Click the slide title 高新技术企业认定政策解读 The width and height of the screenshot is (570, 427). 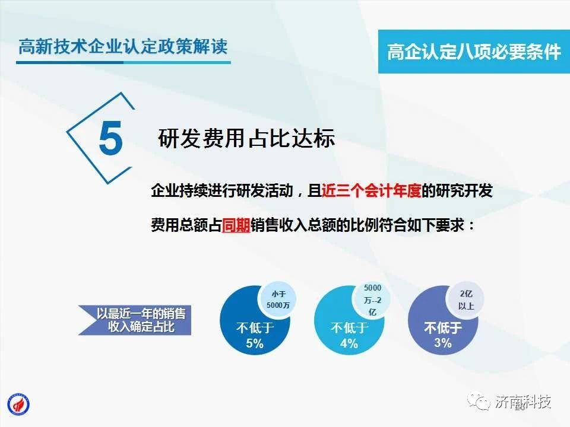pos(123,46)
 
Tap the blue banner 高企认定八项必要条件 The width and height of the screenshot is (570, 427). pos(474,52)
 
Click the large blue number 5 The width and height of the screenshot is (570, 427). pos(110,138)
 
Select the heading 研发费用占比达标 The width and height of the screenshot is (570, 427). pos(246,138)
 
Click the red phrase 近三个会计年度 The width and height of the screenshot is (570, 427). pos(372,190)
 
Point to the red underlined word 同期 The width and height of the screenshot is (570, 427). pos(236,225)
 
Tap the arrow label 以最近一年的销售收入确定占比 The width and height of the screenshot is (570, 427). pos(141,320)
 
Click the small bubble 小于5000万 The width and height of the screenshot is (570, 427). pos(278,299)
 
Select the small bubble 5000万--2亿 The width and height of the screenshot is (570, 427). pos(373,300)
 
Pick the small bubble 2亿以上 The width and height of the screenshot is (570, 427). pos(466,300)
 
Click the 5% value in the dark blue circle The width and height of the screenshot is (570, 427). pos(255,343)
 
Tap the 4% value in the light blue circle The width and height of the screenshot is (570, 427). pos(349,343)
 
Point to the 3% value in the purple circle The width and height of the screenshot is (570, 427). pos(443,342)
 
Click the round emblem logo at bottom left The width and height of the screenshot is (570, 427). pos(18,404)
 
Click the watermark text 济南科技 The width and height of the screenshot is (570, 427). pos(523,401)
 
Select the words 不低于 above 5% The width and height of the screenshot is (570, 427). pos(255,328)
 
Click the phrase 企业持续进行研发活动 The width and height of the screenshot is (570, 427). pos(222,190)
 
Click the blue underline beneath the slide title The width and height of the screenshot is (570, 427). pos(123,62)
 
